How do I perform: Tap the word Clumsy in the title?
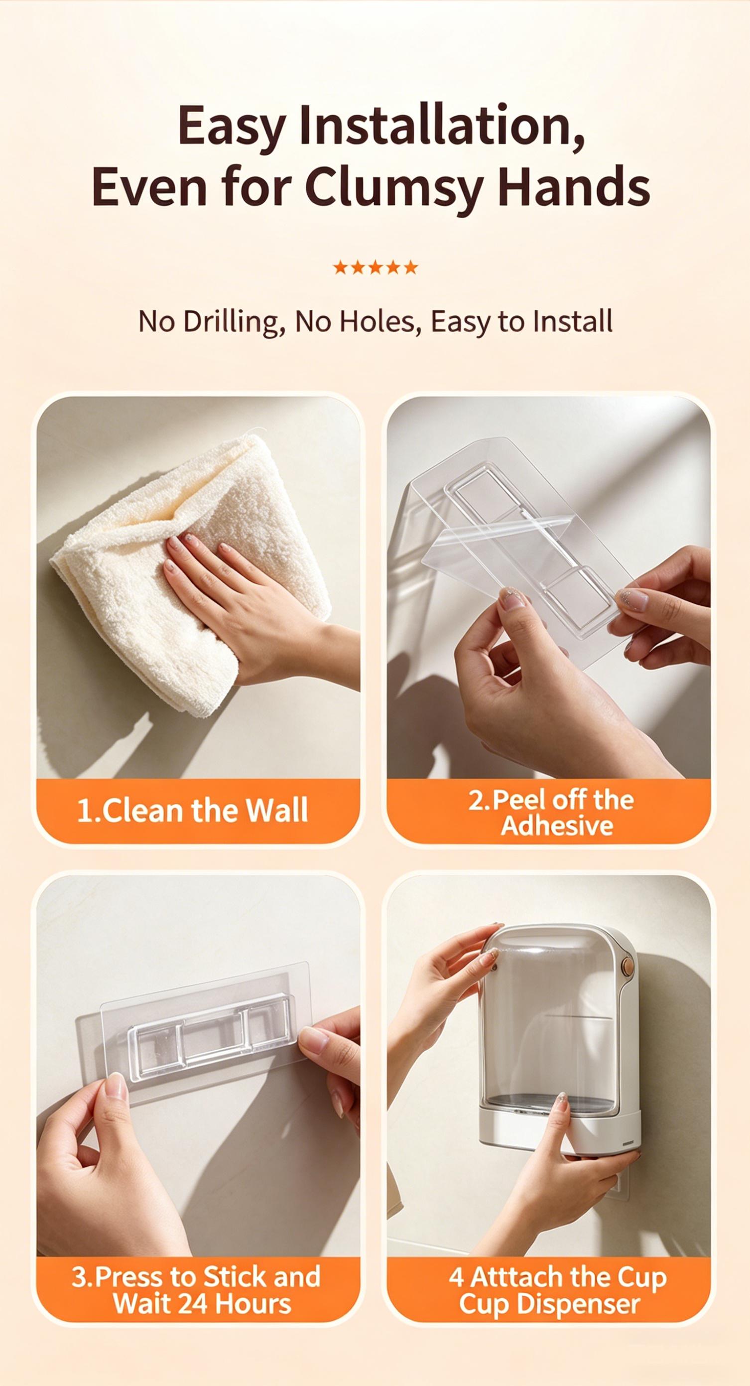point(391,188)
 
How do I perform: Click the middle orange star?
point(375,267)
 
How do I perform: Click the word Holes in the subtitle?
point(384,322)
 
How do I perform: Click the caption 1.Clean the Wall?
point(193,810)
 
